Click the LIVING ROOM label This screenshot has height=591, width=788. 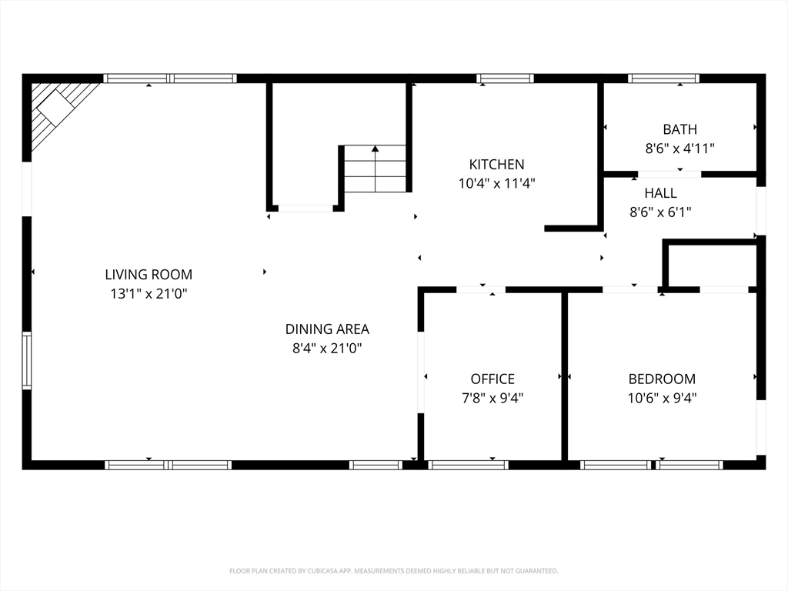point(149,274)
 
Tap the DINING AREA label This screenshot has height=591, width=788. point(327,329)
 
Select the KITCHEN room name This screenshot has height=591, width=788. point(496,164)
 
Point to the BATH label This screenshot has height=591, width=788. point(679,129)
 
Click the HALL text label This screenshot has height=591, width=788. point(660,192)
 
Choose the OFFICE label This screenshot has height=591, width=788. point(492,379)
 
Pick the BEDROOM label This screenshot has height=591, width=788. point(662,379)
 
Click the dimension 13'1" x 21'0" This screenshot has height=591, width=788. point(149,293)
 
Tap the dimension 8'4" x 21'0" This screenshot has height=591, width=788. point(327,348)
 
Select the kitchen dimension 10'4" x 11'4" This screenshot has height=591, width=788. point(496,183)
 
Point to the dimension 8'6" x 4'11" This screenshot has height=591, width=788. point(679,149)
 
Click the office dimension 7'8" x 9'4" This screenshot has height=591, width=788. point(492,398)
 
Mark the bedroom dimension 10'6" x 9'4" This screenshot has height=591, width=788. point(662,398)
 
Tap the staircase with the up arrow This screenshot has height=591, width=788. point(375,169)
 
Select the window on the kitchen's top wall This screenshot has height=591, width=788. point(505,78)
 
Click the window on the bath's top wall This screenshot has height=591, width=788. point(663,78)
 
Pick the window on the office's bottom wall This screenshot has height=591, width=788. point(468,465)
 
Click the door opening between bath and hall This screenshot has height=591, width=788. point(669,174)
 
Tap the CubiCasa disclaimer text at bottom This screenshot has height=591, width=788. point(394,571)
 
